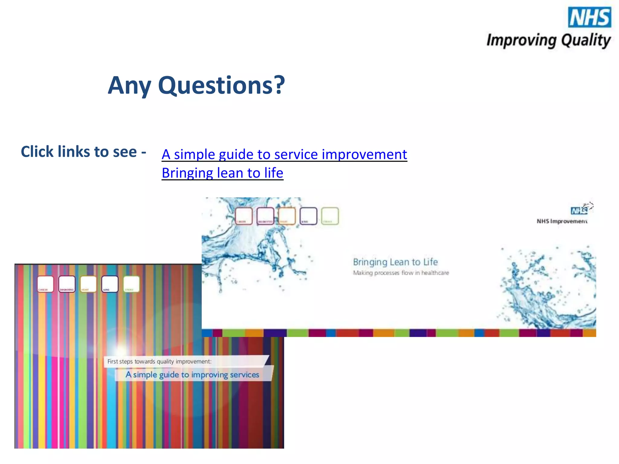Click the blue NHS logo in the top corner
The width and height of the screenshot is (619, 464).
coord(589,17)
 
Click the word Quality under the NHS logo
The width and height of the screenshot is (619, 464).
coord(586,40)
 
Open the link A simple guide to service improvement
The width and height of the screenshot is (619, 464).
coord(284,154)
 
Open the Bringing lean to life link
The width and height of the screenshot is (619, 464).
coord(222,173)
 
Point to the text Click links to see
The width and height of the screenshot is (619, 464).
coord(83,152)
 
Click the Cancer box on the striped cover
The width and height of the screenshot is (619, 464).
coord(45,284)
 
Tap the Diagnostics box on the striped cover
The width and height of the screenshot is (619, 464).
coord(67,284)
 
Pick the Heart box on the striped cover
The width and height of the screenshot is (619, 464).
coord(88,284)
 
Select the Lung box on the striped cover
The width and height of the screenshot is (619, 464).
coord(110,284)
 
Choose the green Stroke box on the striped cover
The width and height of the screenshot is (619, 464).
coord(131,284)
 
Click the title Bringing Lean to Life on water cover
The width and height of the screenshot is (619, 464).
coord(395,262)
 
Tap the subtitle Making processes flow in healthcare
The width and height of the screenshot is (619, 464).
coord(401,273)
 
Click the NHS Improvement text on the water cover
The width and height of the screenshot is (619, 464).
coord(562,221)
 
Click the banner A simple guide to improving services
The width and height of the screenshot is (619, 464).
coord(193,375)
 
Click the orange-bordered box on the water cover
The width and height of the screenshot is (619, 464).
coord(287,216)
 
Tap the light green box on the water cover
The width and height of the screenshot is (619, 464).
coord(330,216)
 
